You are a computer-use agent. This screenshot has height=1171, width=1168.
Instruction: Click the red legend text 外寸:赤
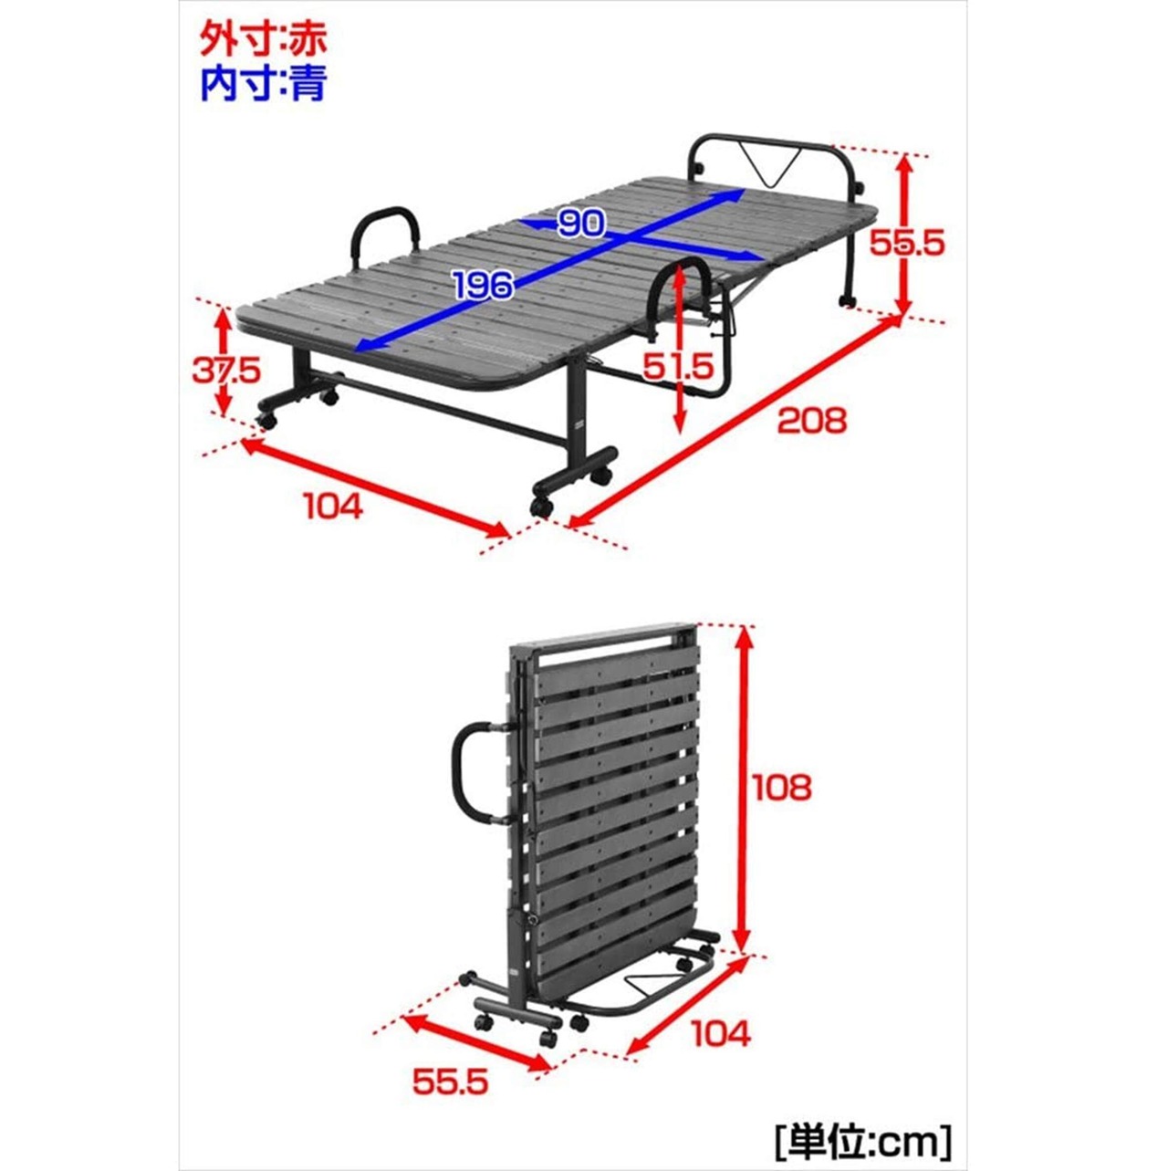(x=263, y=40)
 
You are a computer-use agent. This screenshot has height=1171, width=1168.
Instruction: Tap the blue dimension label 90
(x=581, y=223)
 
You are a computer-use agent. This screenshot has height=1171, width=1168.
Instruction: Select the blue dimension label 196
(x=484, y=286)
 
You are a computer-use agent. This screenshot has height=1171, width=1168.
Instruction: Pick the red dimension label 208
(x=811, y=420)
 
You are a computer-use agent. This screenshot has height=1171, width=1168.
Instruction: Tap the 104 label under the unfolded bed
(x=332, y=506)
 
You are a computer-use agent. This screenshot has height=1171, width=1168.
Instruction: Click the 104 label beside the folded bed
(x=721, y=1033)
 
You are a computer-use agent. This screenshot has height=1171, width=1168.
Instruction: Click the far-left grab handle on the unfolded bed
(x=386, y=234)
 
